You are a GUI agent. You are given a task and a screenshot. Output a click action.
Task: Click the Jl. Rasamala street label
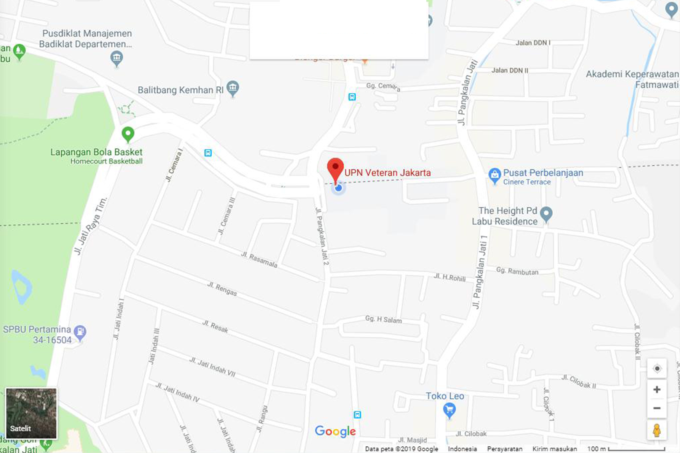pyautogui.click(x=259, y=259)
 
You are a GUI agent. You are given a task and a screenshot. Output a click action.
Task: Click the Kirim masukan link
pyautogui.click(x=555, y=449)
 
